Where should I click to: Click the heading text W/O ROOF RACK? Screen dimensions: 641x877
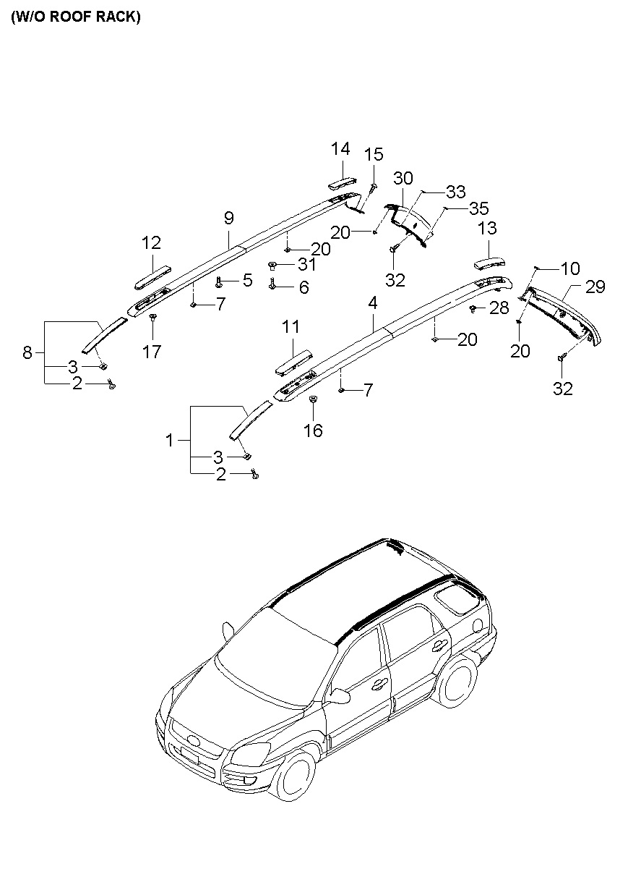(x=75, y=17)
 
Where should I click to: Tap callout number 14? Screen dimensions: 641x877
(x=340, y=149)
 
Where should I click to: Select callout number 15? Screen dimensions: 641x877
(x=374, y=155)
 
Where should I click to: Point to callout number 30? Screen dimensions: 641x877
(x=403, y=179)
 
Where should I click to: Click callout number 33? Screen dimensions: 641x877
(x=456, y=192)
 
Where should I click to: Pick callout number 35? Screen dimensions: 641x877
(x=479, y=208)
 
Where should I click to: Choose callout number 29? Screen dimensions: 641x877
(x=595, y=287)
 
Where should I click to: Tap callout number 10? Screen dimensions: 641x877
(x=570, y=268)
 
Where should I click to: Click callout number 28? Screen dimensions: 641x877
(x=499, y=308)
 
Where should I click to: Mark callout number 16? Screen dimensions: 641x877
(x=313, y=431)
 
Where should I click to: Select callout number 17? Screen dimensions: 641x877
(x=152, y=352)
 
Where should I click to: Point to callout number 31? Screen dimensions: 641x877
(x=307, y=265)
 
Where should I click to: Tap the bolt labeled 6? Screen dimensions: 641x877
(x=272, y=285)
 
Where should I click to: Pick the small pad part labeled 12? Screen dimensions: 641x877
(x=152, y=278)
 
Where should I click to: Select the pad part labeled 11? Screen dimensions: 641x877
(x=293, y=363)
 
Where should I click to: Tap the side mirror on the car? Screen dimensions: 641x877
(x=340, y=695)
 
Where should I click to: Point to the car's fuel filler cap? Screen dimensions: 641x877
(x=477, y=626)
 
